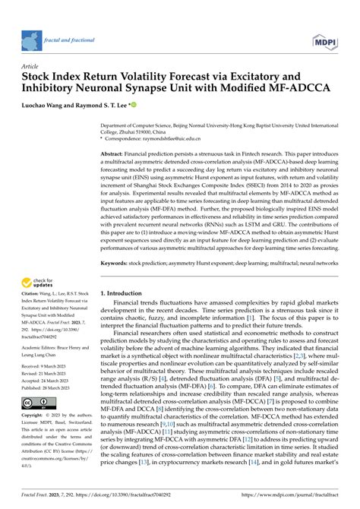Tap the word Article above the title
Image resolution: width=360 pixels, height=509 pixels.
(30, 67)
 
